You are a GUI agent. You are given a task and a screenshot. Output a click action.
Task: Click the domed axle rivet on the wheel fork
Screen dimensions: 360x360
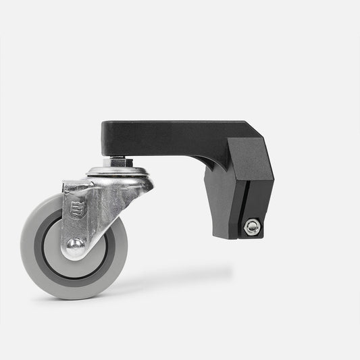click(x=74, y=247)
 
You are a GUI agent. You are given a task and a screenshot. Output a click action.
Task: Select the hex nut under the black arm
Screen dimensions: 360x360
click(x=120, y=161)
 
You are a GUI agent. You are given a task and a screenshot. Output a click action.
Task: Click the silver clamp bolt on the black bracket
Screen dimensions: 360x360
click(x=252, y=228)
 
